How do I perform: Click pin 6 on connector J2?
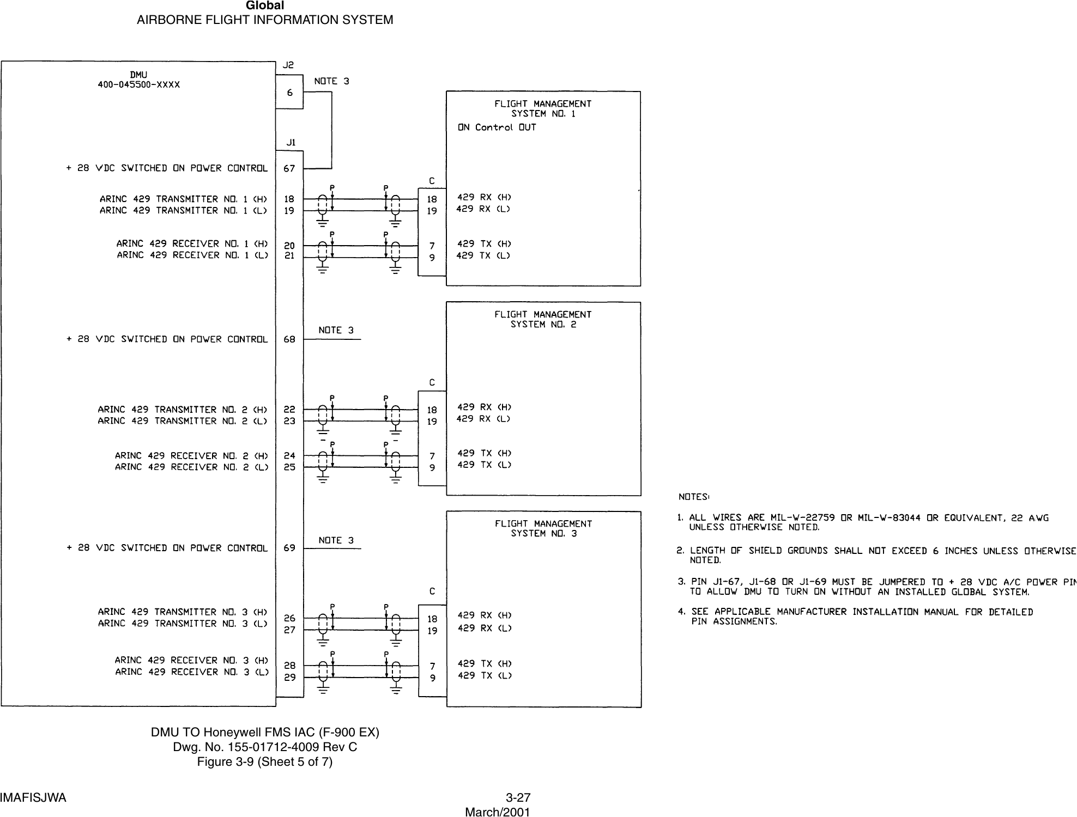click(x=289, y=93)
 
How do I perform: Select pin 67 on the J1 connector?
click(x=289, y=168)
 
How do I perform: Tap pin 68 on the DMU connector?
click(x=289, y=339)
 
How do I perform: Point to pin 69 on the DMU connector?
click(x=289, y=548)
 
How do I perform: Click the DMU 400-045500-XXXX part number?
click(x=138, y=85)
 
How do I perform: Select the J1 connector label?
click(x=291, y=143)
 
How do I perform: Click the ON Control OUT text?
click(x=497, y=127)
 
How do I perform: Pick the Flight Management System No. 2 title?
click(x=543, y=319)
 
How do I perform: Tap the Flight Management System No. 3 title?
click(x=543, y=528)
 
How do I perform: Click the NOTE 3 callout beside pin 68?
click(x=336, y=330)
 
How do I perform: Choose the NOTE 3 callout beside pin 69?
click(x=336, y=540)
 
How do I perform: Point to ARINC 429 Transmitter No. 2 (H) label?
click(x=183, y=409)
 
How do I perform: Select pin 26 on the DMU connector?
click(x=289, y=618)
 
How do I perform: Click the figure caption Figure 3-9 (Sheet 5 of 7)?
click(x=265, y=761)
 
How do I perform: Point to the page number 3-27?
click(x=518, y=798)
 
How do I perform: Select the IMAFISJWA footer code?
click(x=33, y=798)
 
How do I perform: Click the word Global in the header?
click(x=265, y=6)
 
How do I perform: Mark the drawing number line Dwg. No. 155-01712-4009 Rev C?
click(x=265, y=747)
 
